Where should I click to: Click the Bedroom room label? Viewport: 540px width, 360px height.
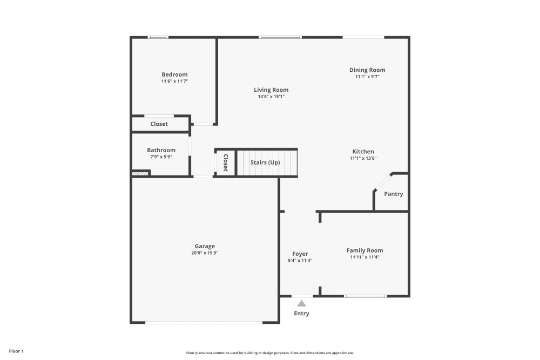coord(174,74)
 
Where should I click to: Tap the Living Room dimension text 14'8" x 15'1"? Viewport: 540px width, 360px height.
coord(271,97)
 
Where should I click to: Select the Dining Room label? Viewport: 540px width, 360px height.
coord(367,70)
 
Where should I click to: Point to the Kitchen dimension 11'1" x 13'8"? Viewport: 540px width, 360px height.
coord(363,158)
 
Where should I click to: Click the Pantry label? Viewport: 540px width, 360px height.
coord(393,194)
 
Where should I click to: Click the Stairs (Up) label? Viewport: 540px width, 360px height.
coord(265,162)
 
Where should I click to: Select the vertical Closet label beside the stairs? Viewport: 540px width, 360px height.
coord(226,162)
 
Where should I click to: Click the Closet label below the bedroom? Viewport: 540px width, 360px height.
coord(159,124)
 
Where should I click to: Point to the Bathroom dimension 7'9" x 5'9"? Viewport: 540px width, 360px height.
coord(161,157)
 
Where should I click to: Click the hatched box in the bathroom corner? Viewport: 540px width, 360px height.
coord(140,174)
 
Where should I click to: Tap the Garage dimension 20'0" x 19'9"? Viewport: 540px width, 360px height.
coord(205,253)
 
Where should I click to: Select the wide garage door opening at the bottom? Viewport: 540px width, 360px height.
coord(204,323)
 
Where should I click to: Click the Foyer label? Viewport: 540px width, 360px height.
coord(300,254)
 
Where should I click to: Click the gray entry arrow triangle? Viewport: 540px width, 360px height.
coord(301,303)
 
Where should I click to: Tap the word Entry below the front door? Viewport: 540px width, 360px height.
coord(301,314)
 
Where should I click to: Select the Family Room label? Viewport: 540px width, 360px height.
coord(364,250)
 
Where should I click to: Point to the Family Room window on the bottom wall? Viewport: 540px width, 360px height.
coord(366,296)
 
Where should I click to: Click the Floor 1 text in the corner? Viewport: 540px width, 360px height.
coord(16,351)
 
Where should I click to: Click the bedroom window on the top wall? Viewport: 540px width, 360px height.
coord(158,37)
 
